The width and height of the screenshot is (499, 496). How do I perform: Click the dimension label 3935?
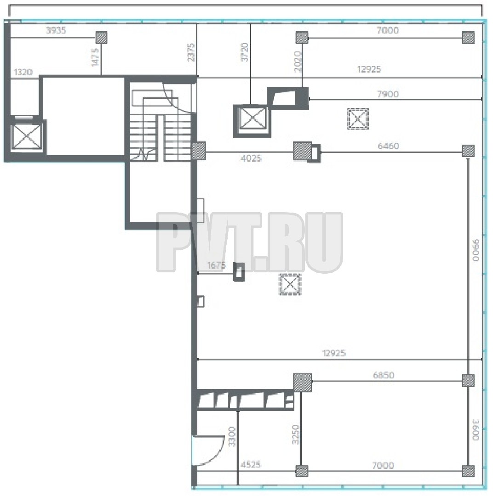coord(56,30)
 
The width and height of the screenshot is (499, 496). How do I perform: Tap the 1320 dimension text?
coord(23,73)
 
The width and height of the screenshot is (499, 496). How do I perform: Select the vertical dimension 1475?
coord(95,57)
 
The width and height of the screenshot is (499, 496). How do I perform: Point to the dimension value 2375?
coord(190,52)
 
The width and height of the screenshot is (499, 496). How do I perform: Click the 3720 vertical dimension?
coord(244,52)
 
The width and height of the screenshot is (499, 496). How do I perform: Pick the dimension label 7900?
coord(388,94)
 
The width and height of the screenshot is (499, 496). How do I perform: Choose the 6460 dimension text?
coord(388,146)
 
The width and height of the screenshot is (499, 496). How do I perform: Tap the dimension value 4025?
coord(251,158)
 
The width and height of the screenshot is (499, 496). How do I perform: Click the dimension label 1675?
coord(217,265)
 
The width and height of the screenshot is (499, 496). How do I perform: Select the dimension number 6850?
coord(384,375)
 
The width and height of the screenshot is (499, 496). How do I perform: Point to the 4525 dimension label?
coord(251,465)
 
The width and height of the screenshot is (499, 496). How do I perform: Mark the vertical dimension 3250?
coord(296,434)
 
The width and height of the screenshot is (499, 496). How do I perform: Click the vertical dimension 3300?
coord(232,437)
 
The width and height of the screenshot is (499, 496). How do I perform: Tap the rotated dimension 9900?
coord(476,250)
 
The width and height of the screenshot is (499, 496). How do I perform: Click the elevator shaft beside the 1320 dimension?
coord(26,136)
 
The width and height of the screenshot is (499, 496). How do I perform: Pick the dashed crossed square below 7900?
coord(358,119)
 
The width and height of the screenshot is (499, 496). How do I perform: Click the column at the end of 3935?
coord(102,38)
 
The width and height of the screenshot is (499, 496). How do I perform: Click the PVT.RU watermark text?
coord(249,242)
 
